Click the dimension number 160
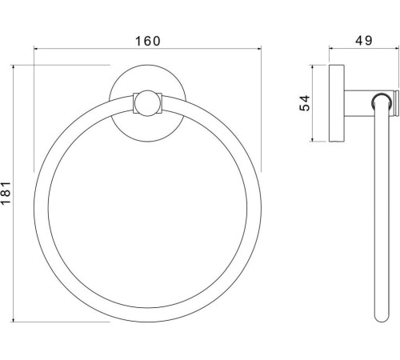(x=148, y=41)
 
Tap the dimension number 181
(x=6, y=194)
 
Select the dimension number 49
(x=364, y=41)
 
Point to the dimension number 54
(x=305, y=103)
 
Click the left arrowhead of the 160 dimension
(x=36, y=49)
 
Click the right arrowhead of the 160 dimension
(x=259, y=49)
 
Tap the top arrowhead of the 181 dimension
(x=13, y=67)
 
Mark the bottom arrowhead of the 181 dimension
(x=13, y=319)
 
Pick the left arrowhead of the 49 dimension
(x=331, y=49)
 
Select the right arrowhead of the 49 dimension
(x=397, y=49)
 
